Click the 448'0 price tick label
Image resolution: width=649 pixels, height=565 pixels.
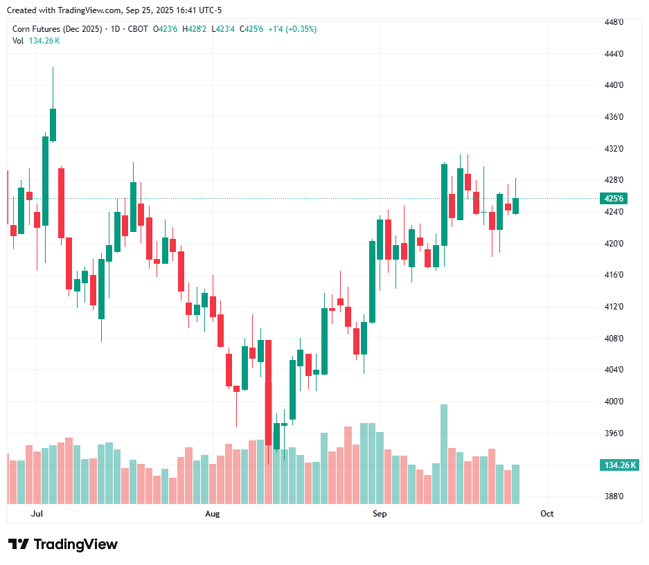click(x=614, y=22)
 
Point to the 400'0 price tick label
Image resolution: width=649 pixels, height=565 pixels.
click(x=614, y=402)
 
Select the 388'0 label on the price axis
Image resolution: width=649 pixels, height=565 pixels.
click(x=614, y=496)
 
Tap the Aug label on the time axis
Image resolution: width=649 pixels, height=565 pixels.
click(x=213, y=514)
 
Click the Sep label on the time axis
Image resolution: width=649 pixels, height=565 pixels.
click(x=379, y=514)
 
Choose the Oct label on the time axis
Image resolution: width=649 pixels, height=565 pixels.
click(x=547, y=514)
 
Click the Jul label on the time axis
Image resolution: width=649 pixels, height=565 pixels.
click(x=37, y=514)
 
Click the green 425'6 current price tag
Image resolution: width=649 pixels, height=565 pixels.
click(x=614, y=198)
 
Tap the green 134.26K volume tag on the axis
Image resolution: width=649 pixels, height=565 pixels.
click(x=619, y=465)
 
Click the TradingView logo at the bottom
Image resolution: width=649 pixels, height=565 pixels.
click(x=63, y=544)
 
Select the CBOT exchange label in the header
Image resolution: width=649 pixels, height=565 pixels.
click(x=138, y=29)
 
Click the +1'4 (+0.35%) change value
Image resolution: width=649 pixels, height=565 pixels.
click(x=292, y=29)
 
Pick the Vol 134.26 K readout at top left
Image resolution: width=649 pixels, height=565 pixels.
click(x=36, y=40)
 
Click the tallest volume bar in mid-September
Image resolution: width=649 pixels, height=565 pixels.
click(x=444, y=454)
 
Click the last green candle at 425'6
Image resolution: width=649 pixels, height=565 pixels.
click(x=515, y=206)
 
